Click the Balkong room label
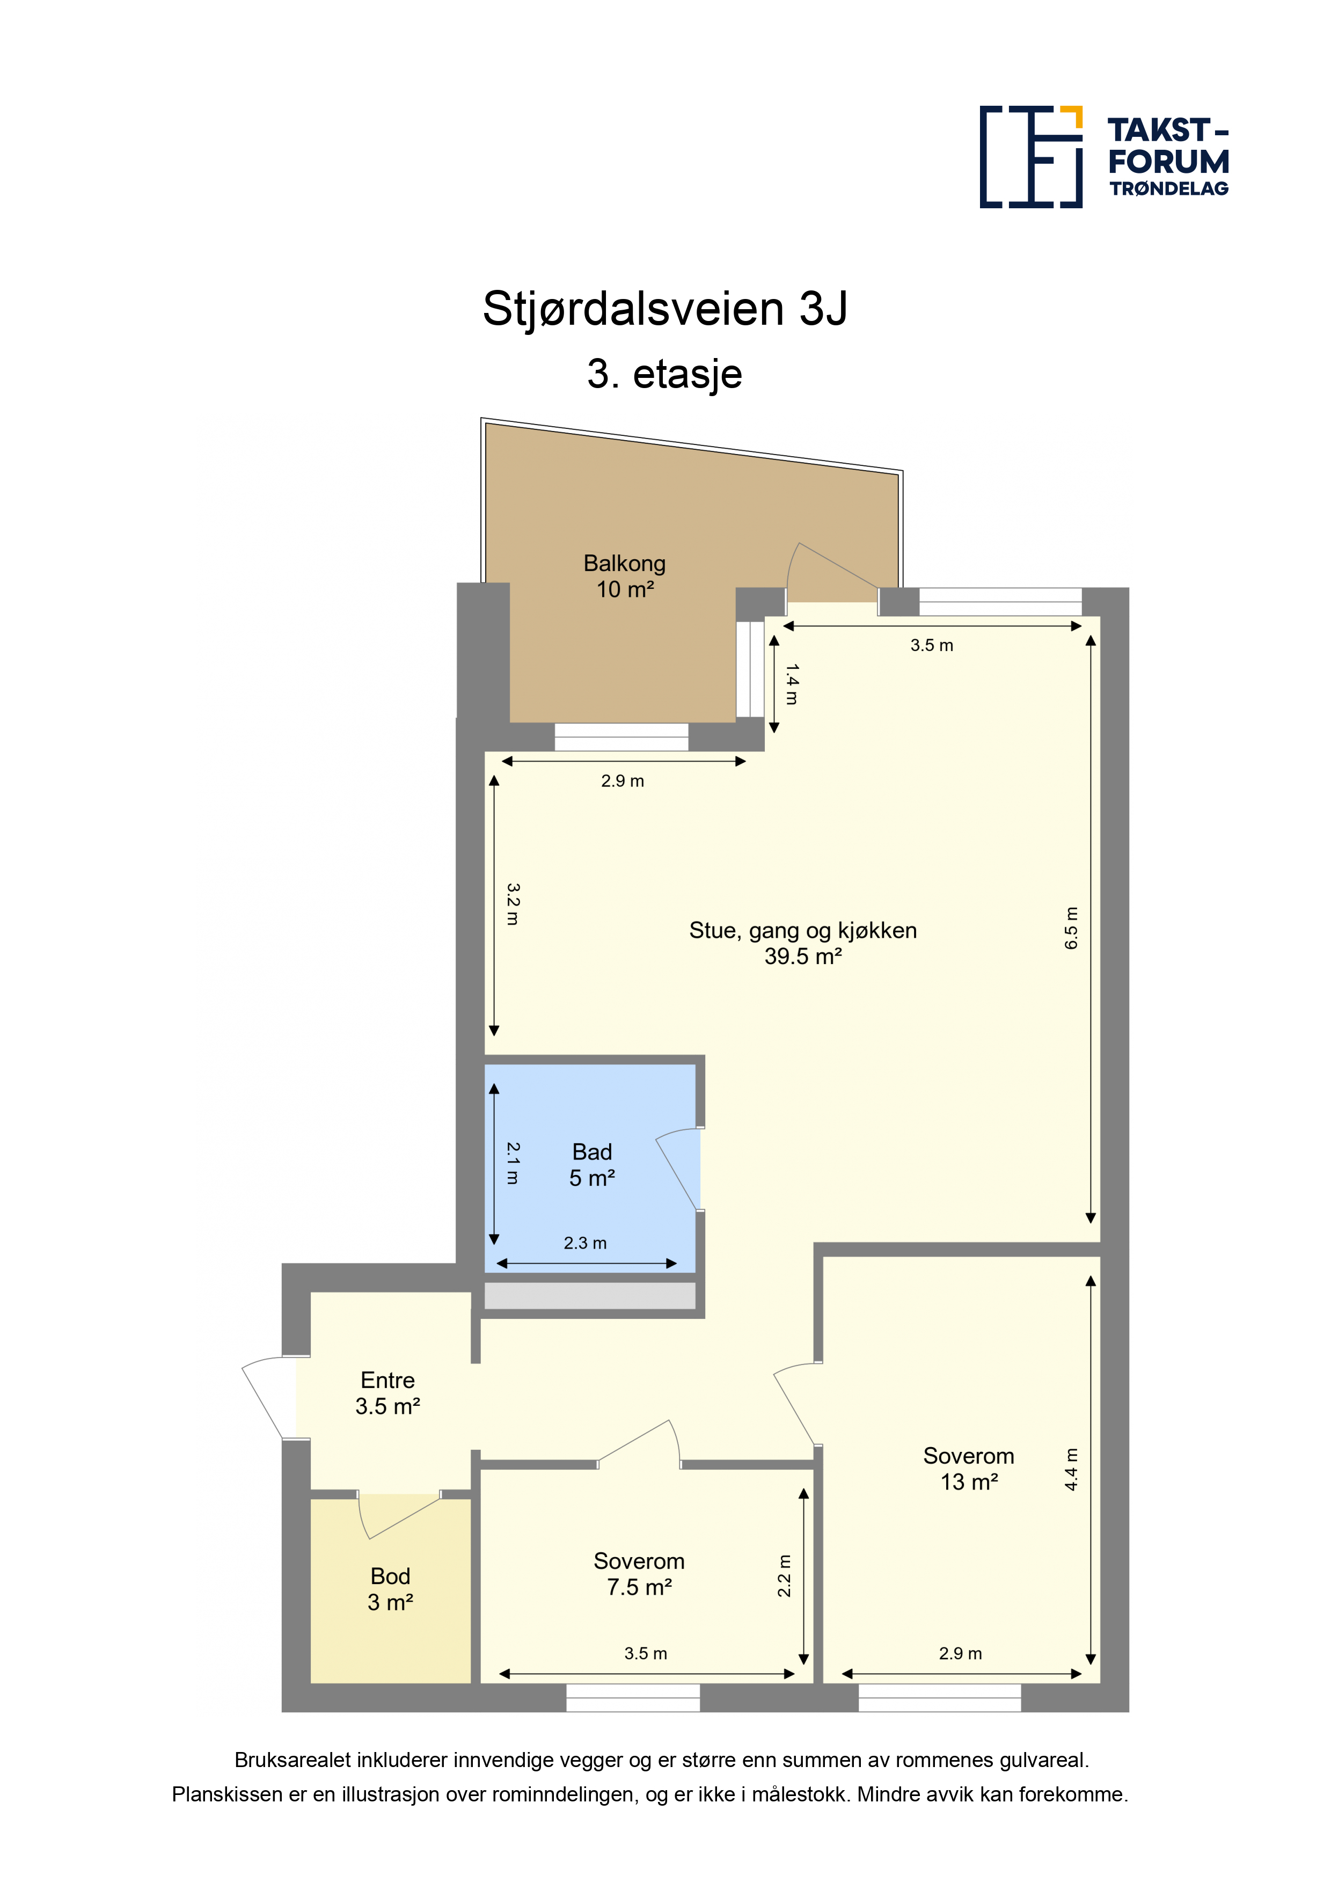coord(624,576)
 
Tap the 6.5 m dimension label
coord(1071,928)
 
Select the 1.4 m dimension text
coord(792,684)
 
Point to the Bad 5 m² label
coord(592,1165)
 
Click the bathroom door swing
coord(679,1168)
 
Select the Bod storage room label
coord(390,1588)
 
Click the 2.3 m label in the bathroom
coord(584,1243)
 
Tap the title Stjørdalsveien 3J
coord(665,308)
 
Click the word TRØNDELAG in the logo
coord(1168,188)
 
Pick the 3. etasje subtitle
coord(665,374)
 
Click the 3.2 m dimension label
coord(513,904)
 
